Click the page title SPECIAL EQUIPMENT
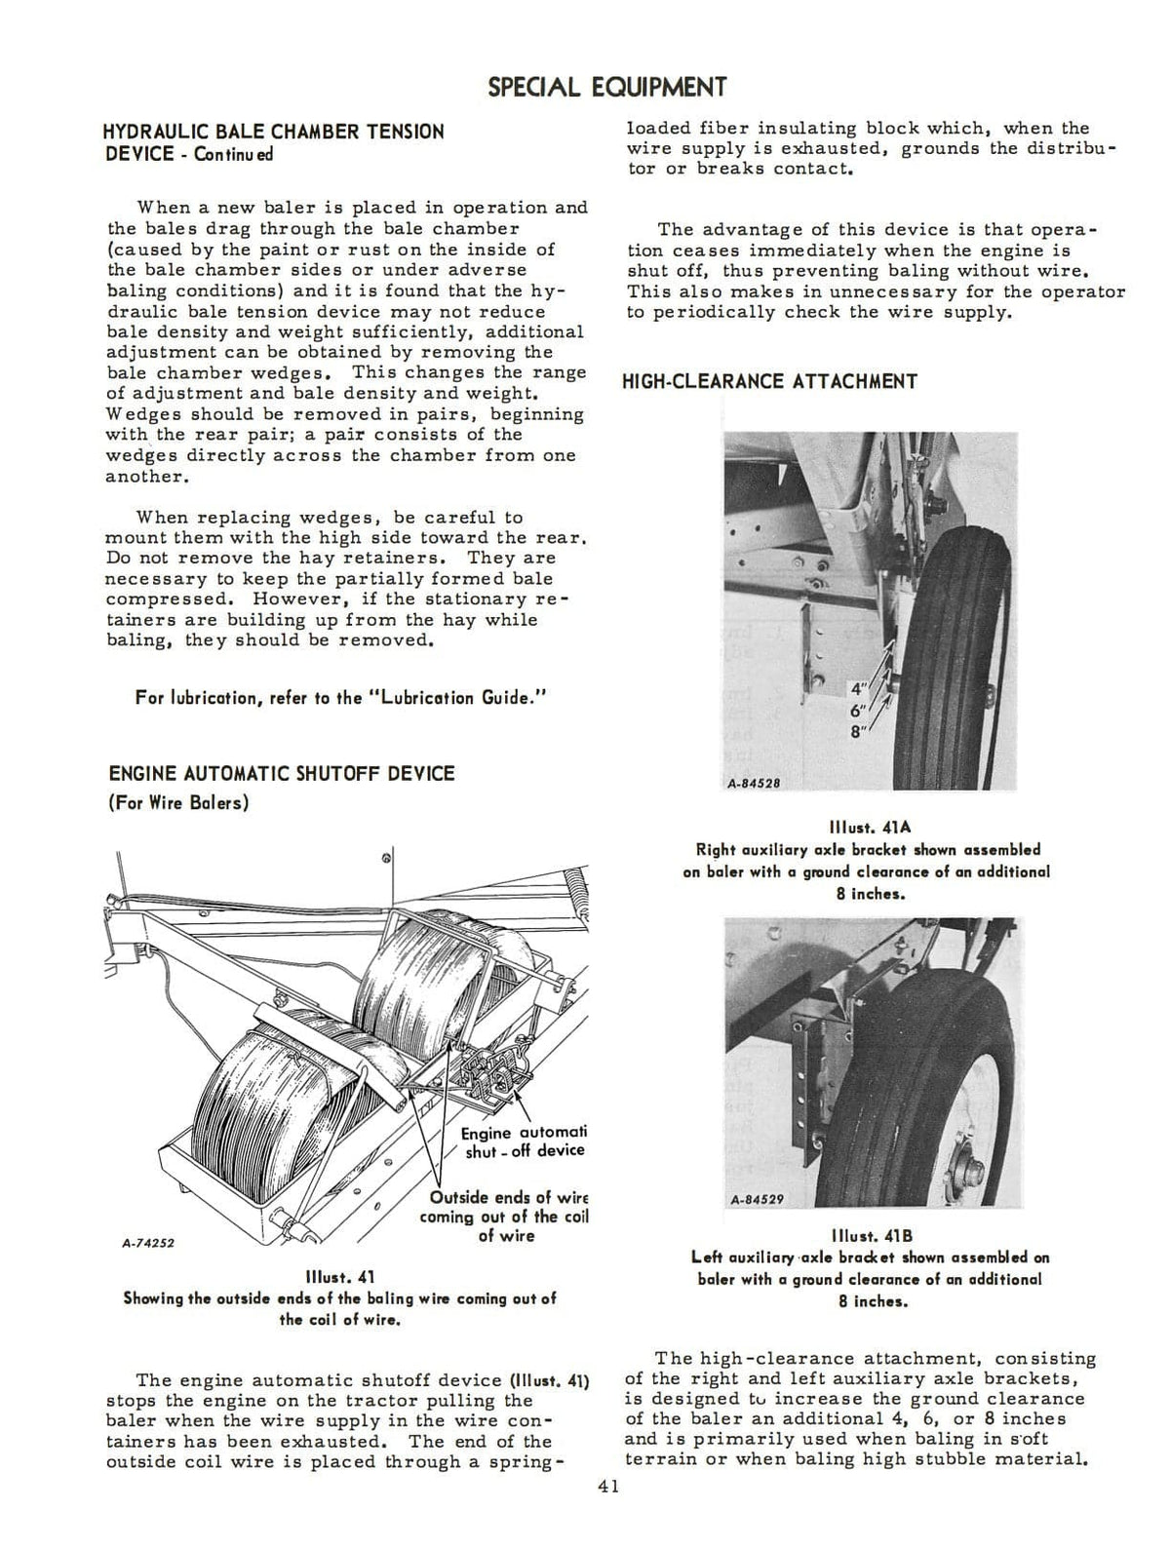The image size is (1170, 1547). pyautogui.click(x=606, y=88)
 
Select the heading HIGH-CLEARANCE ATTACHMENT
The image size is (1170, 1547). pyautogui.click(x=769, y=381)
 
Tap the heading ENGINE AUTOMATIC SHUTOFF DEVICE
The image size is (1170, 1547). pyautogui.click(x=282, y=773)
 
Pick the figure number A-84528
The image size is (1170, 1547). pyautogui.click(x=754, y=783)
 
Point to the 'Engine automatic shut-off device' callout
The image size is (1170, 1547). pyautogui.click(x=523, y=1141)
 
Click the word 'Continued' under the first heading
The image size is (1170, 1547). pyautogui.click(x=234, y=154)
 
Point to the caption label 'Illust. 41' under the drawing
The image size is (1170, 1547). pyautogui.click(x=339, y=1277)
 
